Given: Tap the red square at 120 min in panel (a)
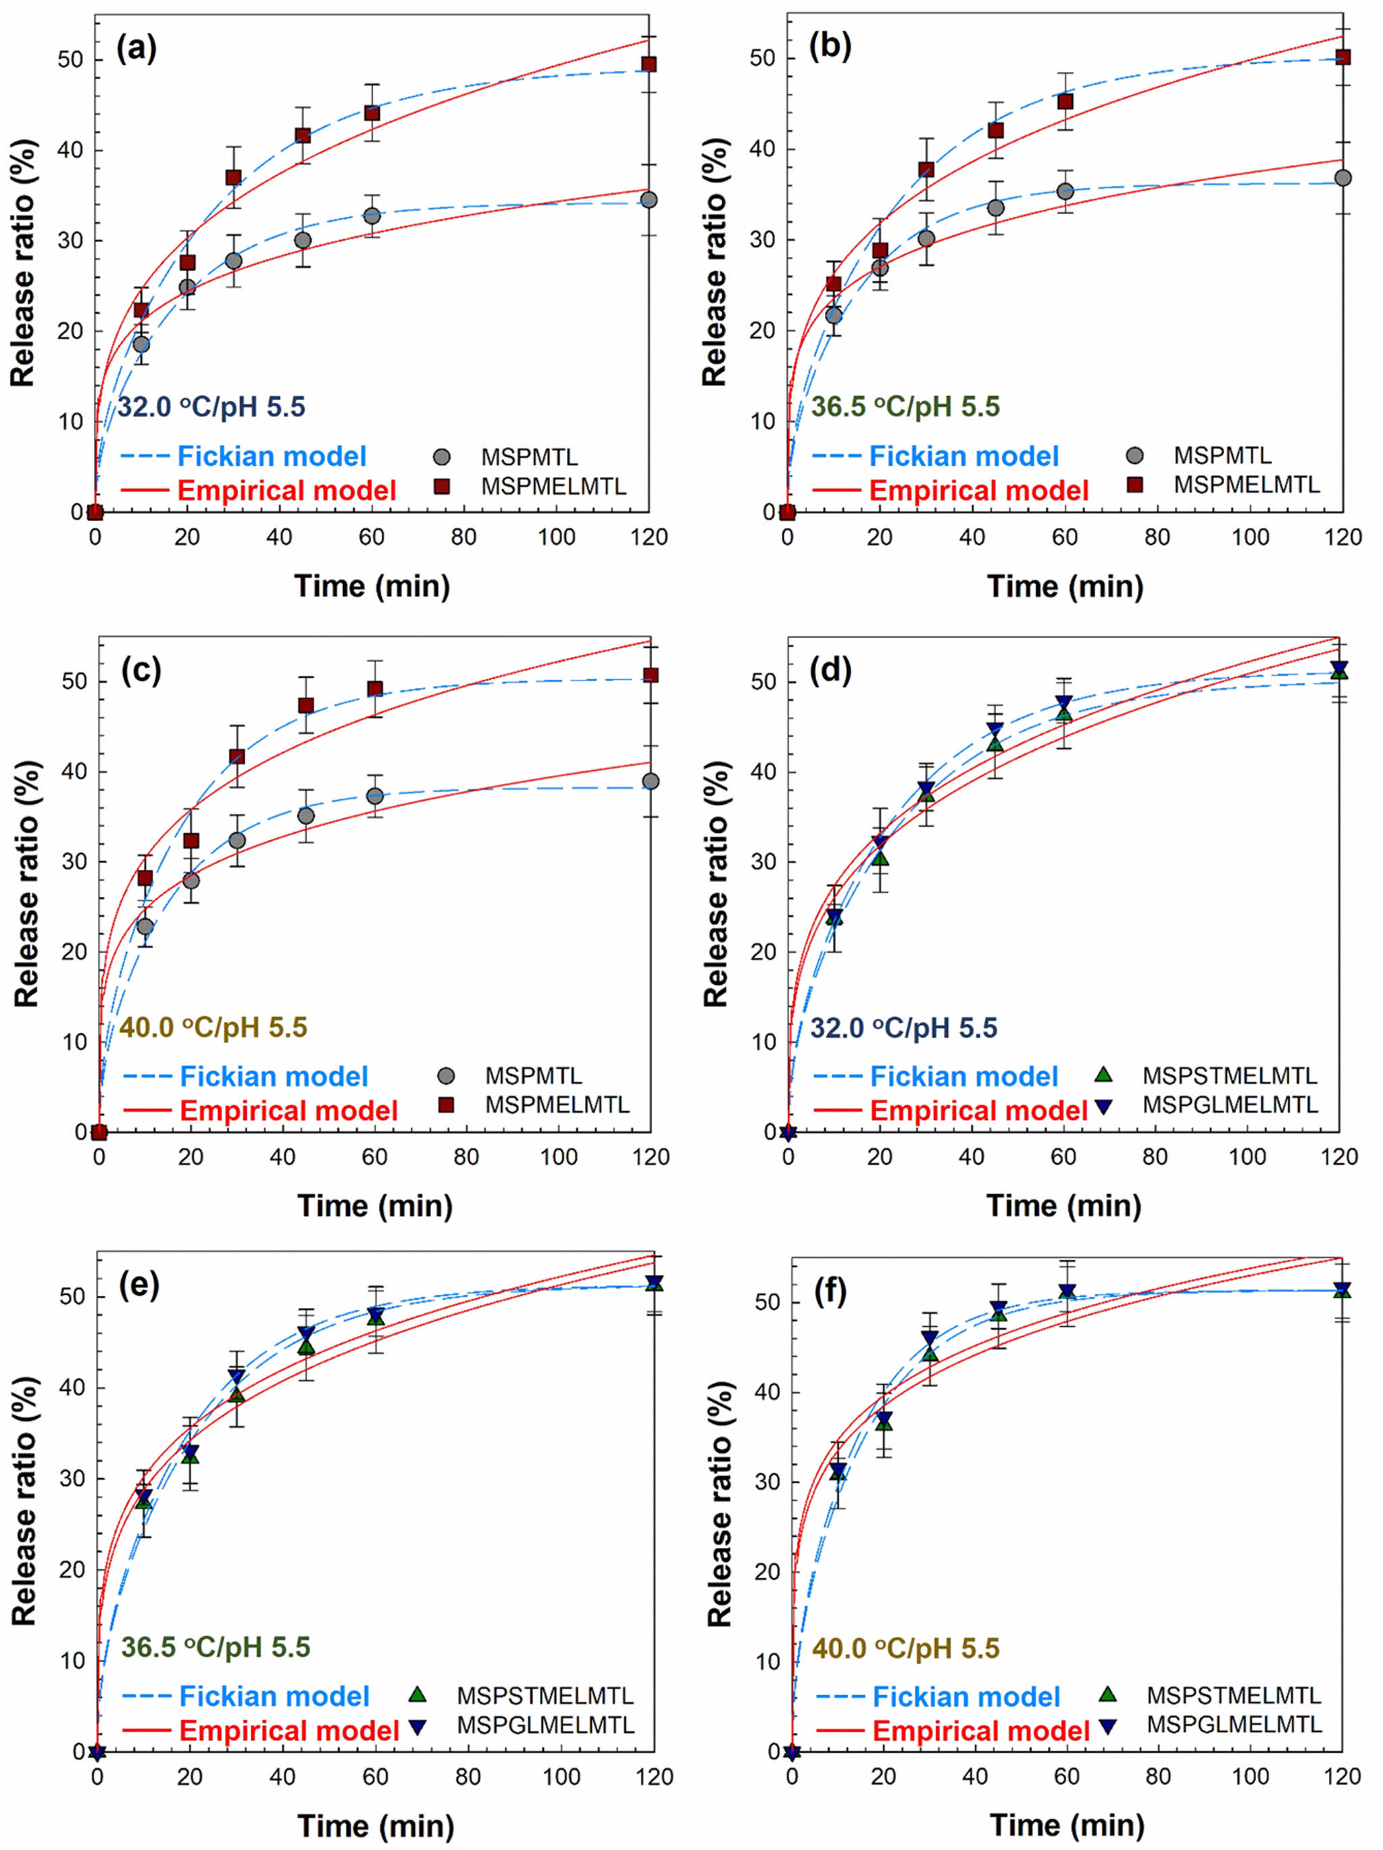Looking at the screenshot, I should click(648, 64).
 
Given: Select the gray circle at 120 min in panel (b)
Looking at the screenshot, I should click(1343, 178).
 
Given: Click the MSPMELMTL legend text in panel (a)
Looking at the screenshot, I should click(553, 486).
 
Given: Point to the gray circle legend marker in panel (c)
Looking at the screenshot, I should click(447, 1075).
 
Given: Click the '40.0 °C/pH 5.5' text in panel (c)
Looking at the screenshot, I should click(213, 1027).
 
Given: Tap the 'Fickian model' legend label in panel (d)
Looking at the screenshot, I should click(964, 1076).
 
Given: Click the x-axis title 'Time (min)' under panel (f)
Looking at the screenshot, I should click(1066, 1824).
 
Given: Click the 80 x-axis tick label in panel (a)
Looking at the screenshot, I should click(464, 537).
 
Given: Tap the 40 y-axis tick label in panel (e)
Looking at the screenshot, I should click(71, 1388).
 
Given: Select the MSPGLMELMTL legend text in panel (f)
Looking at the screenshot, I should click(1234, 1724).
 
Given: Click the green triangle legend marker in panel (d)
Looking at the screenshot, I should click(1104, 1075).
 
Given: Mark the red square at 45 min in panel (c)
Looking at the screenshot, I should click(306, 706).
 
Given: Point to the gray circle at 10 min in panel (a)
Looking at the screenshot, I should click(141, 345).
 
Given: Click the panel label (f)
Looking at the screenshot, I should click(830, 1292).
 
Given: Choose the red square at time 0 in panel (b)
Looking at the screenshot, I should click(788, 512).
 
